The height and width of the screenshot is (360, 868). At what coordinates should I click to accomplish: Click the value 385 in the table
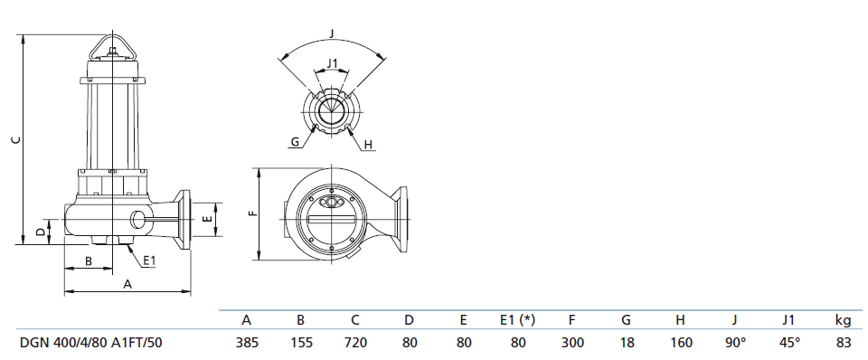click(247, 343)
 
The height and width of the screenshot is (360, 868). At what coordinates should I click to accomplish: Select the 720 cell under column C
click(355, 343)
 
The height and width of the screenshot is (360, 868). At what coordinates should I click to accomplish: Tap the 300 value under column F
click(572, 343)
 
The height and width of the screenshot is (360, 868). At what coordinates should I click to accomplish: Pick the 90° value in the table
click(735, 343)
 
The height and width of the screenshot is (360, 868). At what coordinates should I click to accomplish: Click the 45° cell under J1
click(789, 343)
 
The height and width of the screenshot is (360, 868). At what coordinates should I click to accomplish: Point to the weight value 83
click(844, 343)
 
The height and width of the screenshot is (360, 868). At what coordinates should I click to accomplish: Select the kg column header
click(843, 320)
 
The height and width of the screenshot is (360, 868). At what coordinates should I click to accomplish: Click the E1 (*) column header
click(518, 319)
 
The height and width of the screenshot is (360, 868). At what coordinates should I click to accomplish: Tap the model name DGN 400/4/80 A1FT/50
click(91, 343)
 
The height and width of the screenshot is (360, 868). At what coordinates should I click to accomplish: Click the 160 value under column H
click(681, 343)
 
